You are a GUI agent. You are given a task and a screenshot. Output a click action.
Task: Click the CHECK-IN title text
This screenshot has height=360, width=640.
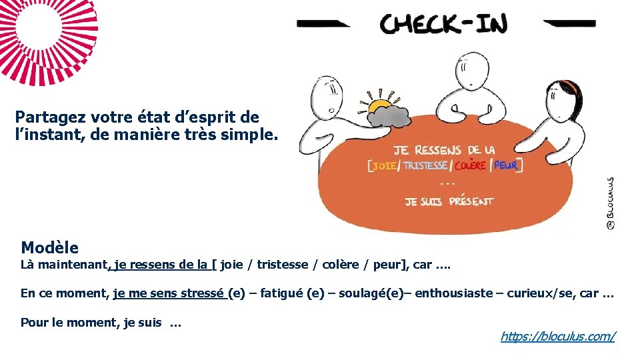[x=443, y=25]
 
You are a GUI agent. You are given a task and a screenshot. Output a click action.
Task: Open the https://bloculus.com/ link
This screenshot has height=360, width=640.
[x=557, y=337]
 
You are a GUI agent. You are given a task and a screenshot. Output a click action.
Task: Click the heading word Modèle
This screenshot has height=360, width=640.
[x=49, y=248]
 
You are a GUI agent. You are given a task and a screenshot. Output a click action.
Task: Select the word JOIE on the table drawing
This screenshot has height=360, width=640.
[x=384, y=165]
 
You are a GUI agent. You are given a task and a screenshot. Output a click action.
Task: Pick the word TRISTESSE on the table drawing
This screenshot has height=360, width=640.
[x=425, y=165]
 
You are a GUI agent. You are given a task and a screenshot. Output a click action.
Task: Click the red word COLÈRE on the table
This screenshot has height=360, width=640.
[x=471, y=165]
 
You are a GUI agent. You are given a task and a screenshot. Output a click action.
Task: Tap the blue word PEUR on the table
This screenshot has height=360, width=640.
[x=506, y=165]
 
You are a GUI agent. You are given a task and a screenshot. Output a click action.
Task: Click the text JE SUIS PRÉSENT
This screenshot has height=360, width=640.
[x=449, y=201]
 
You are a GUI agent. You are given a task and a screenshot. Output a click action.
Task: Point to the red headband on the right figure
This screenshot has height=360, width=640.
[x=568, y=87]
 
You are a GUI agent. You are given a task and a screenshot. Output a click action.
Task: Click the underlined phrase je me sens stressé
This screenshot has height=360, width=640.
[x=169, y=293]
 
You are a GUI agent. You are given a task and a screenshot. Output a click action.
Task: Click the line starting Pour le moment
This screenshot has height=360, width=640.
[x=101, y=323]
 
